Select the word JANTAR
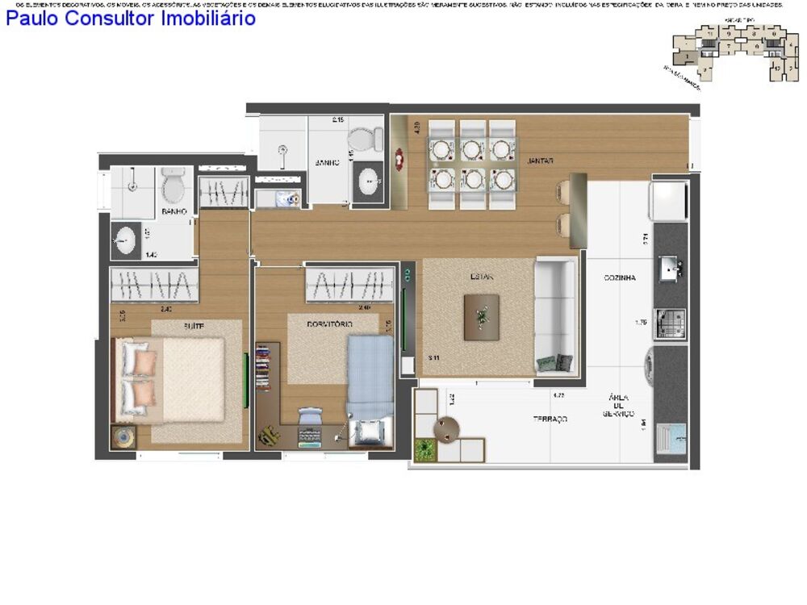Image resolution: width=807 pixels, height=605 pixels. (x=540, y=161)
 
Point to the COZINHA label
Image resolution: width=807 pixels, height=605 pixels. (x=620, y=277)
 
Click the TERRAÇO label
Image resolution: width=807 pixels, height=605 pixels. (x=550, y=419)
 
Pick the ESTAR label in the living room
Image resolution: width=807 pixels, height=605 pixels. (x=482, y=277)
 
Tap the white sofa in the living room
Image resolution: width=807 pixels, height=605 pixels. (x=555, y=315)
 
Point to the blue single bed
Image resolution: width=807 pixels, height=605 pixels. (x=370, y=379)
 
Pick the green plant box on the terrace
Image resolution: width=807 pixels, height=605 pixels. (x=424, y=450)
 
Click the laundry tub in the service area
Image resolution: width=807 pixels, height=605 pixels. (x=671, y=440)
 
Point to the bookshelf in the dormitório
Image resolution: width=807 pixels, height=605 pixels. (x=263, y=368)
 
